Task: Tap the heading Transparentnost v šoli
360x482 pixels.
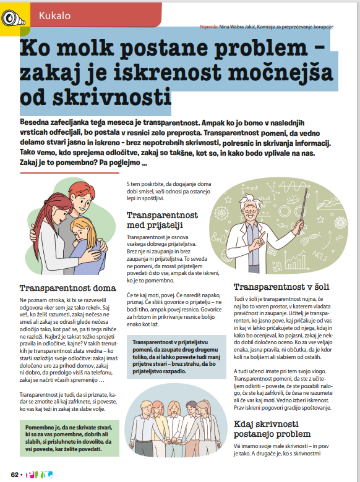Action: [x=281, y=287]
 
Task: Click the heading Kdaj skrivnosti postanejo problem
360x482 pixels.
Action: [x=275, y=429]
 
